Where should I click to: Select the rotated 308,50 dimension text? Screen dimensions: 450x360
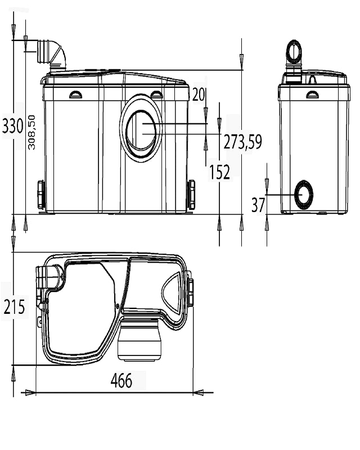coord(32,132)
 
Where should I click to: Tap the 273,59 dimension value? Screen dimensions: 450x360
coord(242,143)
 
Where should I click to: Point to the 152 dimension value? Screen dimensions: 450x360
coord(219,172)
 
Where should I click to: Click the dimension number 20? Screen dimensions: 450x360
coord(198,95)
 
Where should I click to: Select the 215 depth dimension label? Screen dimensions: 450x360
coord(13,307)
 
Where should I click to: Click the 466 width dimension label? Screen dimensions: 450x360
coord(121,381)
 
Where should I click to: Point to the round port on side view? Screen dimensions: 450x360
coord(304,195)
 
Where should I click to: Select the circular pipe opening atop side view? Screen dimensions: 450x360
coord(294,52)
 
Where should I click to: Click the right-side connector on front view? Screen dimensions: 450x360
coord(191,194)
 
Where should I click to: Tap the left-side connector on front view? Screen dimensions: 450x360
coord(41,194)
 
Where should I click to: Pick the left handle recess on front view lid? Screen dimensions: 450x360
coord(75,95)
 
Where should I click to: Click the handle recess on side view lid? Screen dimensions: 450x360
coord(312,94)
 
